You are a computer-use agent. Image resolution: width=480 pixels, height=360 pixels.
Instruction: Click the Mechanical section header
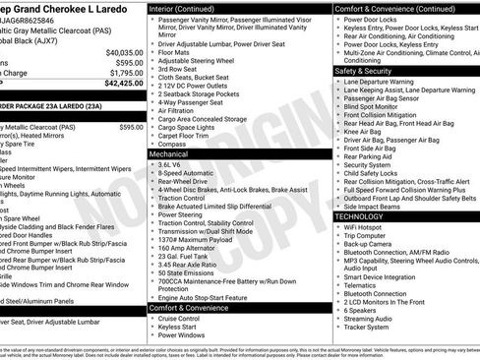click(169, 154)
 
